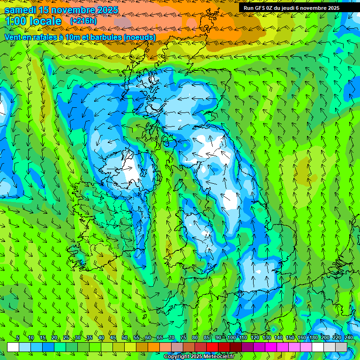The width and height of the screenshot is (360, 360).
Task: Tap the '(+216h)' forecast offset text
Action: [x=83, y=21]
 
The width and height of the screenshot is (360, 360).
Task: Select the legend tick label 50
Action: [x=124, y=338]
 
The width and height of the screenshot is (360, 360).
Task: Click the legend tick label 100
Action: [x=231, y=338]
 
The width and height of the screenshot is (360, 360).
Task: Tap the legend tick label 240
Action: [x=348, y=338]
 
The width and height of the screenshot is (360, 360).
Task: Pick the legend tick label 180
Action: [x=313, y=338]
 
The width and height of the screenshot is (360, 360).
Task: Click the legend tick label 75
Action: [x=183, y=338]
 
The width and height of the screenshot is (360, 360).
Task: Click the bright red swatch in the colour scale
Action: [x=212, y=347]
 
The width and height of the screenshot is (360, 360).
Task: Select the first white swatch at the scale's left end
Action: [x=13, y=347]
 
